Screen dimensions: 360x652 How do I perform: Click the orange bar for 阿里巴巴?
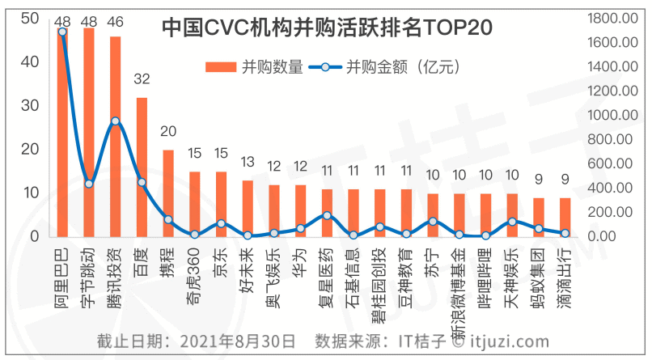coord(62,138)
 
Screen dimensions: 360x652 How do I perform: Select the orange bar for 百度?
coord(142,167)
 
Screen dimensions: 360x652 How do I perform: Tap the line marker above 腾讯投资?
coord(116,121)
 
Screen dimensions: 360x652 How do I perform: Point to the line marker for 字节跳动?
coord(89,184)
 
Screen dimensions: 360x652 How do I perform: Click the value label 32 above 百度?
coord(142,79)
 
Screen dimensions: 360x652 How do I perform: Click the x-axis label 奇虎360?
coord(194,269)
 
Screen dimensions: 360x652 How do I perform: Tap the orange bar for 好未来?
coord(248,208)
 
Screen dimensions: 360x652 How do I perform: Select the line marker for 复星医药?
coord(326,216)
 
